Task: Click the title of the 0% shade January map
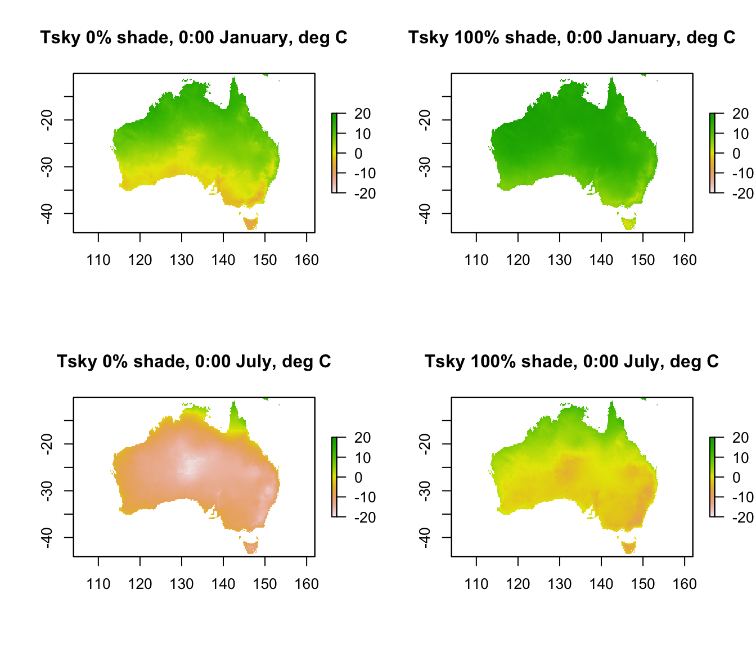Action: click(x=193, y=38)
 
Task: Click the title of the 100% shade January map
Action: click(x=571, y=38)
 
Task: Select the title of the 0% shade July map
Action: click(x=193, y=361)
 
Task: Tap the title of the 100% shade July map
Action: click(x=571, y=361)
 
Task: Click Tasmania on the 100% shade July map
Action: click(x=629, y=546)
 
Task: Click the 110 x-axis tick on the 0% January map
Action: click(x=98, y=260)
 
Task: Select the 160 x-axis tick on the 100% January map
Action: click(x=685, y=260)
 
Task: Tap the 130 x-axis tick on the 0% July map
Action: click(x=182, y=584)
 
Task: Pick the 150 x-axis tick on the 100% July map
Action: click(x=643, y=584)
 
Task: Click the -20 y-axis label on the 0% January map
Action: click(x=47, y=120)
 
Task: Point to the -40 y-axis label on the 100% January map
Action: click(x=425, y=214)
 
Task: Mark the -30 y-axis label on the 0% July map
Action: click(x=47, y=490)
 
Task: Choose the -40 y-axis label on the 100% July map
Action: click(x=425, y=538)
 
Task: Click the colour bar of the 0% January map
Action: click(x=334, y=153)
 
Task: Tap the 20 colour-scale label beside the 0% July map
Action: click(x=363, y=438)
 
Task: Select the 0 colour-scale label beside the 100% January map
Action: click(x=736, y=154)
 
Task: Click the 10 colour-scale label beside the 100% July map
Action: click(x=741, y=458)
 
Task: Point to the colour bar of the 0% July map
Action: click(x=334, y=477)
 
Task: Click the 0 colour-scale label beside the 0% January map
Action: click(x=358, y=154)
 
